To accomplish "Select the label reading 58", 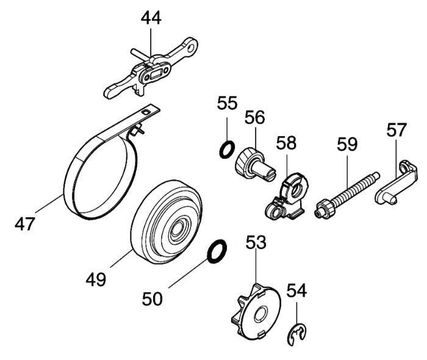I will pos(286,143).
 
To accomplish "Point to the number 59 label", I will pos(348,145).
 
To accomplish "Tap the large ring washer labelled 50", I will pos(216,252).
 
